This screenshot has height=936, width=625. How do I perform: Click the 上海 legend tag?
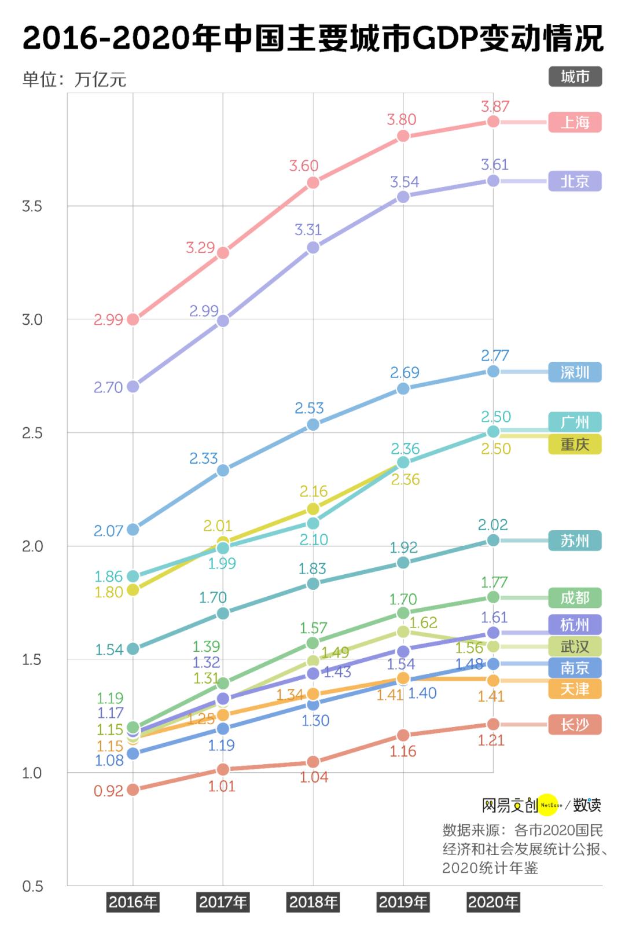(575, 122)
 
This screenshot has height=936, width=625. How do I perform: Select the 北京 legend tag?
(575, 181)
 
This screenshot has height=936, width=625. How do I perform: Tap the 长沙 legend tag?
(575, 725)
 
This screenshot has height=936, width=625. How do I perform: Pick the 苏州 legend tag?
(575, 541)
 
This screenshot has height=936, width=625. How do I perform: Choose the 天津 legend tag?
(575, 689)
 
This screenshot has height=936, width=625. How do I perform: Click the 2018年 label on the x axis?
(313, 902)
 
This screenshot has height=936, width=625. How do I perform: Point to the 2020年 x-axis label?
(493, 902)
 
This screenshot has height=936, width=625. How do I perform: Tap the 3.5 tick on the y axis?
(32, 207)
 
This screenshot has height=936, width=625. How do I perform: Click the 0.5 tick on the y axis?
(32, 886)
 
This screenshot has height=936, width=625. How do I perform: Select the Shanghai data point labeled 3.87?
(493, 121)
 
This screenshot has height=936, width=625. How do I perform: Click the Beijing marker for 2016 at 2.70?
(133, 386)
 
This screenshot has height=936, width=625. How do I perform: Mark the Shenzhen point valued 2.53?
(313, 424)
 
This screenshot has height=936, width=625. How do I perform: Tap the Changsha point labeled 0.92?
(133, 790)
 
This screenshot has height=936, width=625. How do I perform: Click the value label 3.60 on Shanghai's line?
(304, 166)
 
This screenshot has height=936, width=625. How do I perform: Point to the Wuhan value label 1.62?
(423, 623)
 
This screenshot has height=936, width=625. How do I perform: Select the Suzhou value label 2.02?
(492, 525)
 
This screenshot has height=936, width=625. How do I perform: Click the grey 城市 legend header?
(575, 76)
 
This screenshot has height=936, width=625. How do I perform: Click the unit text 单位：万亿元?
(74, 79)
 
